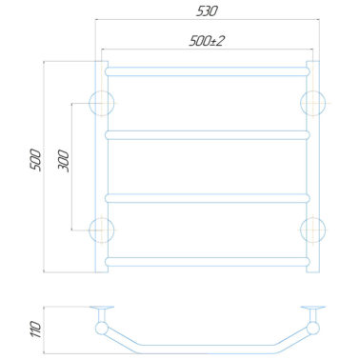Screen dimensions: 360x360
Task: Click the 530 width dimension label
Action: pos(207,11)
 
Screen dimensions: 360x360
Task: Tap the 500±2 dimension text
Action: pos(207,41)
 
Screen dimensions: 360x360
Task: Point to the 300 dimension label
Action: pos(64,161)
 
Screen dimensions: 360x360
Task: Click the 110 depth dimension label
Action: pos(36,330)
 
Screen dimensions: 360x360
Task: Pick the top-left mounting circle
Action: pos(101,103)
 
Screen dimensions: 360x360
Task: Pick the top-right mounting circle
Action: pos(313,103)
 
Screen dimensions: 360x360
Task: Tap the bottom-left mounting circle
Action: pos(101,230)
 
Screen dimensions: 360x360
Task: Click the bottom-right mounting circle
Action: pos(313,230)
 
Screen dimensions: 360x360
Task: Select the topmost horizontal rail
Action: pos(208,71)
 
